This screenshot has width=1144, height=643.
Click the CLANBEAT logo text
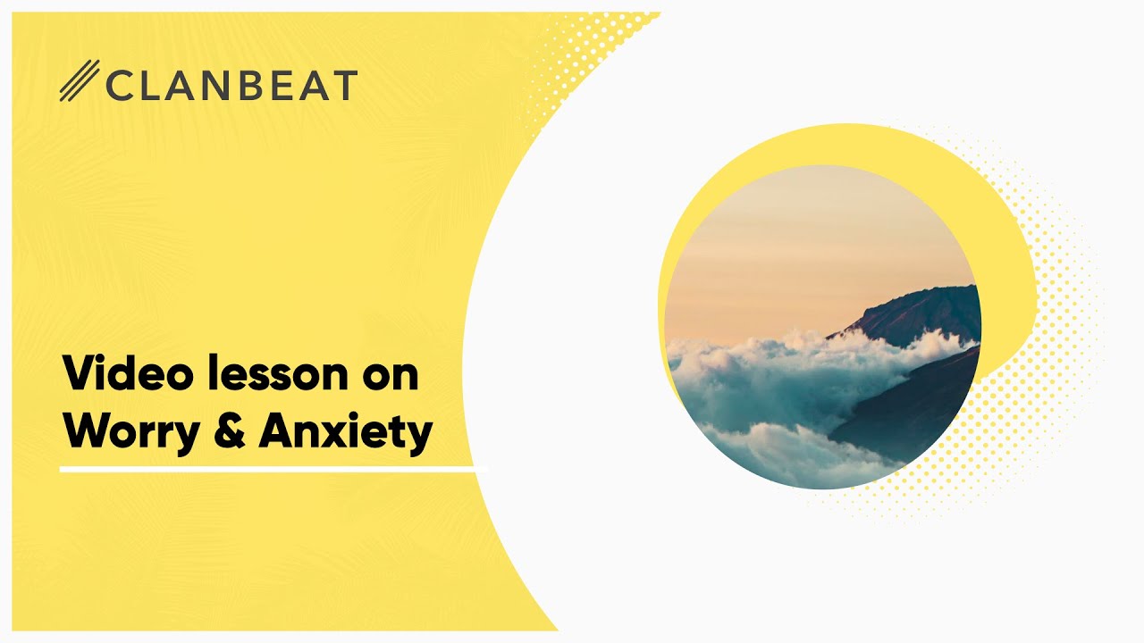(231, 85)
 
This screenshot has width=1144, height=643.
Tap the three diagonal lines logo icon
(79, 81)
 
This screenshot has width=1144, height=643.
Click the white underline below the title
(273, 469)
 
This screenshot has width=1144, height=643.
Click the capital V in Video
(77, 373)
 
